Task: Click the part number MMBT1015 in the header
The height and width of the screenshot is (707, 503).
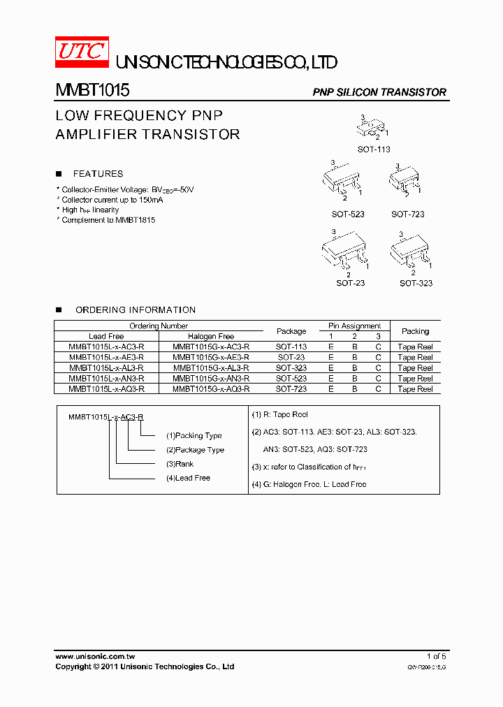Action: click(92, 91)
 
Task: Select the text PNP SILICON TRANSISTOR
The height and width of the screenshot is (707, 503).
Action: click(379, 92)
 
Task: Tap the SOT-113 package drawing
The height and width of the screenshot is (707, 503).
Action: click(372, 129)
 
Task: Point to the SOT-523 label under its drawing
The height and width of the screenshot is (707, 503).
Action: click(348, 214)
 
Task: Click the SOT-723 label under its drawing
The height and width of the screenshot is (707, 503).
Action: click(407, 214)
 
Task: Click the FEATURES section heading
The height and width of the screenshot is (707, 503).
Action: click(98, 174)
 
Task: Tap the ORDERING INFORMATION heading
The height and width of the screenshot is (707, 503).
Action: click(135, 309)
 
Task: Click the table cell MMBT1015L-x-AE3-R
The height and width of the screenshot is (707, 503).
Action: click(106, 357)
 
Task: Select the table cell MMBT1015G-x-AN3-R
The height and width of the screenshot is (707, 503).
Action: click(211, 378)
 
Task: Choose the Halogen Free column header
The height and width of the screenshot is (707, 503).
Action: click(211, 336)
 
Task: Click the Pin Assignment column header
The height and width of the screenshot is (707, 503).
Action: click(354, 326)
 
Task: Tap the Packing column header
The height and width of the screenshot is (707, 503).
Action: click(415, 331)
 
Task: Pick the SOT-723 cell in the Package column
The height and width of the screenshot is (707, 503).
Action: click(291, 388)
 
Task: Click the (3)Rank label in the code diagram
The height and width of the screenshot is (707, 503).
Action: click(180, 464)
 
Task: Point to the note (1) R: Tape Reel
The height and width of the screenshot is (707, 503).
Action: click(279, 415)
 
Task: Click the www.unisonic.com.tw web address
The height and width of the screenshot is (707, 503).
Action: click(94, 657)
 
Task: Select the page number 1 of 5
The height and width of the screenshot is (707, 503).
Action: click(436, 657)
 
